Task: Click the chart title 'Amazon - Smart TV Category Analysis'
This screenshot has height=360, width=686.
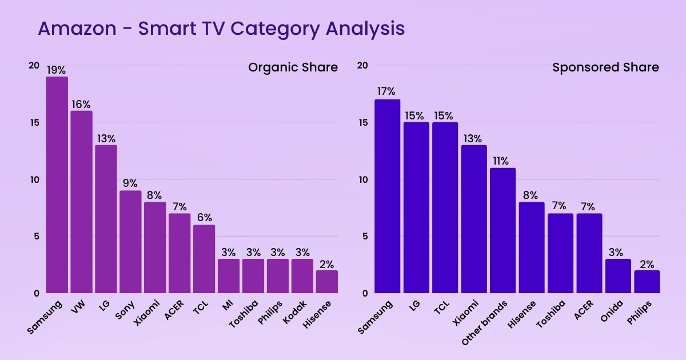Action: pos(221,28)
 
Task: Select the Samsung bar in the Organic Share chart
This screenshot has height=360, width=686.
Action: pos(57,185)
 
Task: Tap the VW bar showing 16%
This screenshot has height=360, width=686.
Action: pos(81,202)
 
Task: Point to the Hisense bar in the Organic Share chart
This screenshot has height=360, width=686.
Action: pos(327,282)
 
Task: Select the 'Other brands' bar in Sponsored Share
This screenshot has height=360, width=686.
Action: pos(503,231)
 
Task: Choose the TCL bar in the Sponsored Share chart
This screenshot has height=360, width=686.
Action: pos(445,208)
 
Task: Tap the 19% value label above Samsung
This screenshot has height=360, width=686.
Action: pos(57,70)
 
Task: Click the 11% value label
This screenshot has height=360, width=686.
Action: pos(503,161)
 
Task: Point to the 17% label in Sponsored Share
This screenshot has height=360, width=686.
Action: pos(387,92)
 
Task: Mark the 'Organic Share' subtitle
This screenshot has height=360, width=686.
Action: pos(293,67)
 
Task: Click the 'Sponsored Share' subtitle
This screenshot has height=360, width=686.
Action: pos(605,67)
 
